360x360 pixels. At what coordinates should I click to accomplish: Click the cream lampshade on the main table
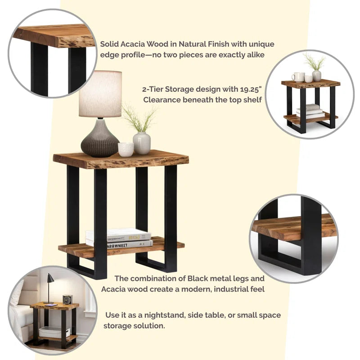[100, 94]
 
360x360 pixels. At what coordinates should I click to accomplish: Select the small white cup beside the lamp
[126, 149]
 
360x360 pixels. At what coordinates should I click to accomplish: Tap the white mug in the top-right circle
[297, 77]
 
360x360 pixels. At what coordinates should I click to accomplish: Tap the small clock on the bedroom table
[67, 299]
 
